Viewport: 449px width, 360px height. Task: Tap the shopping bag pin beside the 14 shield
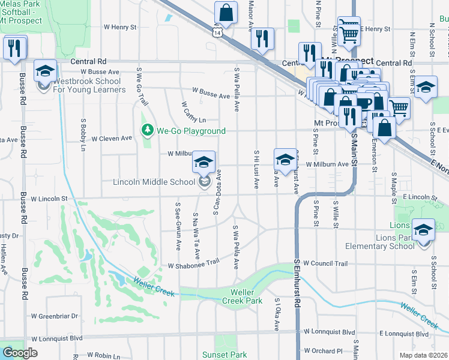point(226,11)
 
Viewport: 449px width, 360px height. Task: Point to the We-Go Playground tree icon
point(147,130)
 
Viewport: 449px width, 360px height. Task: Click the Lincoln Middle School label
point(157,182)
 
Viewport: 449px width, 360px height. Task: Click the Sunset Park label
point(224,355)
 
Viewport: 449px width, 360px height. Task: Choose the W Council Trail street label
point(325,263)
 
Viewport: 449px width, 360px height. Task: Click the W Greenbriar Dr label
point(55,316)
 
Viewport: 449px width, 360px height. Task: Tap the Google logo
point(20,353)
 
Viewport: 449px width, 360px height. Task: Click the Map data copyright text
point(424,355)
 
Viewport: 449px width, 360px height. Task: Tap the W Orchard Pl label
point(322,350)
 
